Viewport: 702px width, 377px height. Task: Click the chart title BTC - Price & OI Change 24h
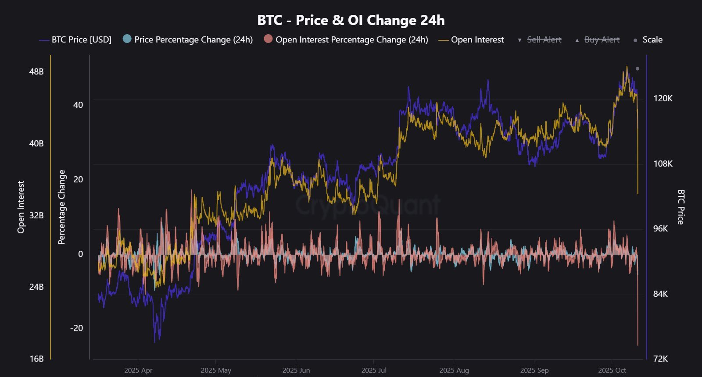pyautogui.click(x=351, y=20)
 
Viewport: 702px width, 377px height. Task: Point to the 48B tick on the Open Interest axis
pyautogui.click(x=36, y=71)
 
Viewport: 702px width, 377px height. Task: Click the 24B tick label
pyautogui.click(x=36, y=287)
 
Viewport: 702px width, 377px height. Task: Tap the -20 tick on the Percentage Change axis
pyautogui.click(x=76, y=328)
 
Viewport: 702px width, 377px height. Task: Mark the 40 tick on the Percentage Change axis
pyautogui.click(x=78, y=105)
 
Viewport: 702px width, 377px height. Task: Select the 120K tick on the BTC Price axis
pyautogui.click(x=663, y=98)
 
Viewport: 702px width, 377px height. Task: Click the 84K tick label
pyautogui.click(x=660, y=294)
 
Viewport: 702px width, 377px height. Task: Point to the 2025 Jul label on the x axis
pyautogui.click(x=374, y=370)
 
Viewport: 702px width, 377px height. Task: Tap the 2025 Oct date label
pyautogui.click(x=612, y=370)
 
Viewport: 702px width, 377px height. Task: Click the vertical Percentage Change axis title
pyautogui.click(x=62, y=207)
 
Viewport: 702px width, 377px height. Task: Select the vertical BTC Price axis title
pyautogui.click(x=681, y=207)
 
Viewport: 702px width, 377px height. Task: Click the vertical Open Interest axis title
pyautogui.click(x=21, y=207)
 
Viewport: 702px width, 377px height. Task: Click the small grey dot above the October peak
pyautogui.click(x=638, y=69)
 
